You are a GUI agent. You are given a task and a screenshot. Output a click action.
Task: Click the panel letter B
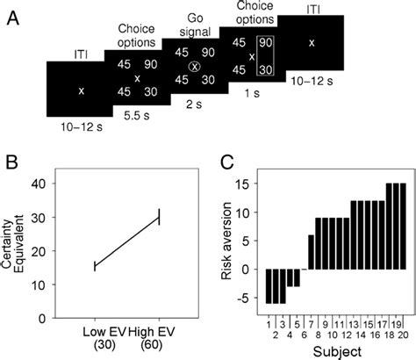(12, 165)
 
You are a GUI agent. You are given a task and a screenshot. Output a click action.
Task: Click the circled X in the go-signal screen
(195, 67)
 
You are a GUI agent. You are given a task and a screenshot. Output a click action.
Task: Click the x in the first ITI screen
(81, 90)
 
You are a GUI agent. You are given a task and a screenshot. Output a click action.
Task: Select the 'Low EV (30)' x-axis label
(93, 339)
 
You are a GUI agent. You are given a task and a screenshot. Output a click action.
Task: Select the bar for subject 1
(269, 286)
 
